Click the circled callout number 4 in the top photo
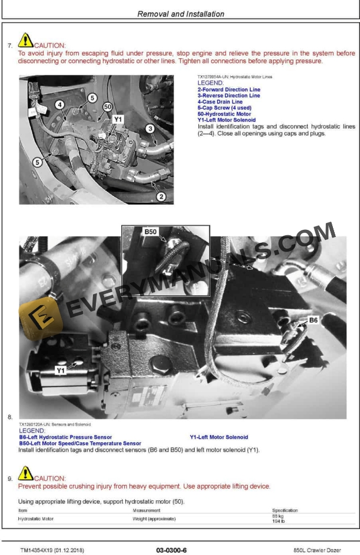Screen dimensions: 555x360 60,105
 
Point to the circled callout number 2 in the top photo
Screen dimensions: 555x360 161,197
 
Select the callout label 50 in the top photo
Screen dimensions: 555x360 107,106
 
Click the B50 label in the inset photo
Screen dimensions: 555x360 151,232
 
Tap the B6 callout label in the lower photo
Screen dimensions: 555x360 314,320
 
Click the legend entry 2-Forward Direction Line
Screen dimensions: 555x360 229,89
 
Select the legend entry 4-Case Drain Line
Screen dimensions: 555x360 220,102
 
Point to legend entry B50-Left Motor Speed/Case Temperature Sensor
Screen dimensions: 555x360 80,443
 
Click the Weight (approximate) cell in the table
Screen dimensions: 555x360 154,519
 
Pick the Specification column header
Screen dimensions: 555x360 285,510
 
